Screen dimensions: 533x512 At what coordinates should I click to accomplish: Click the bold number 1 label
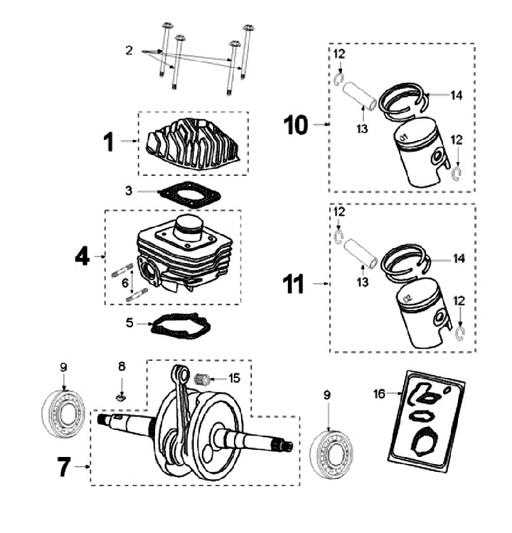107,141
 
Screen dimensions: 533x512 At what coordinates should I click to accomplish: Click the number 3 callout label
129,191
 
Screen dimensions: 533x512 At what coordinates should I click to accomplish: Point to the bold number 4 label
82,257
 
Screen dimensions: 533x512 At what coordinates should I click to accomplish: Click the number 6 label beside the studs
126,282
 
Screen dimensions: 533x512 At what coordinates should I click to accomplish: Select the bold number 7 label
65,467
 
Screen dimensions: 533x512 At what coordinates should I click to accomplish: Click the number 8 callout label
122,367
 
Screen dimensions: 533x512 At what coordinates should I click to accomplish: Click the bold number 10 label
297,126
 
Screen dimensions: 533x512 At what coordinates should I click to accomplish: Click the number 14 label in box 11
458,259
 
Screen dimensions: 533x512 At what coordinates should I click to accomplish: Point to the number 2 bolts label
129,50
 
